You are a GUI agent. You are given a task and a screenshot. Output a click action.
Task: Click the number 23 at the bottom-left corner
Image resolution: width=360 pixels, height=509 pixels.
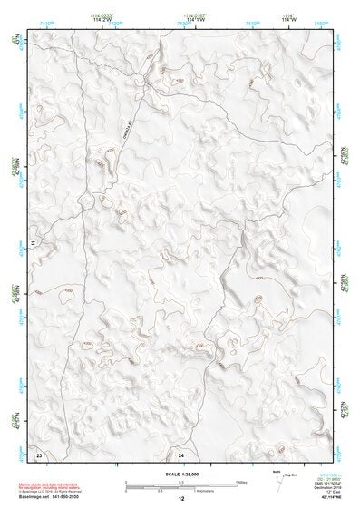[39, 453]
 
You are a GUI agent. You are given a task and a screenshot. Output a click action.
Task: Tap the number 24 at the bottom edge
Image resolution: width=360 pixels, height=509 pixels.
[181, 453]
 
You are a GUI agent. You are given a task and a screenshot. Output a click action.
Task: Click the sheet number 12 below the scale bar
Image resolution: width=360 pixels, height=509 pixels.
[181, 498]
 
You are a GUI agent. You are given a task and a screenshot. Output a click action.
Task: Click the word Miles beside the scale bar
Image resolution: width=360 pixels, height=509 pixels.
[242, 481]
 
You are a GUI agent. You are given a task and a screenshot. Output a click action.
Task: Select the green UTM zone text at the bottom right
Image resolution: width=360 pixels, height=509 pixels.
[320, 475]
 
